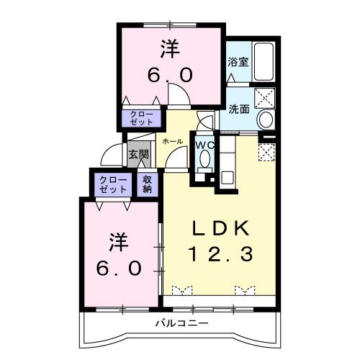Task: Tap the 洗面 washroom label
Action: (239, 109)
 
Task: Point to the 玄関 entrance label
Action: (138, 153)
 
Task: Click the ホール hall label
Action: (172, 141)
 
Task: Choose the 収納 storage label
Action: (147, 184)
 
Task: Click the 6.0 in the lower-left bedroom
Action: (119, 267)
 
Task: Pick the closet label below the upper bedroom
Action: (142, 118)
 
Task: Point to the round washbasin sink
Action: (265, 119)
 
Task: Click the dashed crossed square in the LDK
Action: (266, 153)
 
